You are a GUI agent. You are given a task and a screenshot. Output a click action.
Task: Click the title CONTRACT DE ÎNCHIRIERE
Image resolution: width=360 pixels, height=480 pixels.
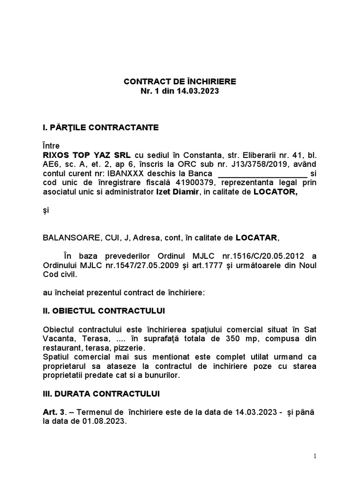click(x=180, y=82)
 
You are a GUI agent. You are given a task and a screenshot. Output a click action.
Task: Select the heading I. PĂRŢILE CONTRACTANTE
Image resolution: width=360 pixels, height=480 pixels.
click(x=101, y=127)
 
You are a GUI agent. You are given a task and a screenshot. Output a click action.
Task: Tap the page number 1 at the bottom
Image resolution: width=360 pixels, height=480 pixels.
click(x=315, y=456)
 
